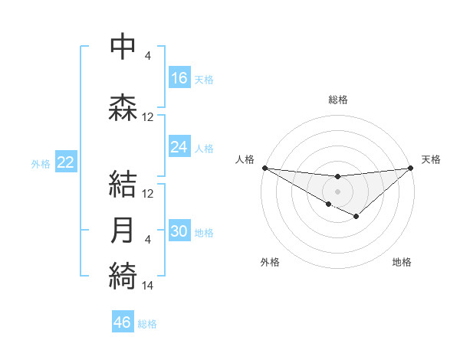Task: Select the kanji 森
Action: (x=123, y=106)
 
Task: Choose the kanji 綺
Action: (x=123, y=275)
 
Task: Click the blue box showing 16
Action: (x=179, y=77)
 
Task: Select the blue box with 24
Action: (x=179, y=147)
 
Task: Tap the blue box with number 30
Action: (x=179, y=232)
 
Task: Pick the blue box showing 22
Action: (x=66, y=162)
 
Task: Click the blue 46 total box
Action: (x=123, y=322)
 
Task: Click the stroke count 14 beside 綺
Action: (x=148, y=286)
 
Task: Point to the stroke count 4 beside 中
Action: (x=148, y=57)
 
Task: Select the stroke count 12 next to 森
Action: (x=148, y=117)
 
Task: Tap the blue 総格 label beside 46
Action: (x=147, y=323)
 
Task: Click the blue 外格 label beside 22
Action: (x=41, y=163)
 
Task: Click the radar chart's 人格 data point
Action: (x=264, y=167)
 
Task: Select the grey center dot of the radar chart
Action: (x=337, y=191)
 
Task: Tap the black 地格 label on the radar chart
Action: (x=402, y=262)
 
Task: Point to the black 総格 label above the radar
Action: (x=337, y=100)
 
